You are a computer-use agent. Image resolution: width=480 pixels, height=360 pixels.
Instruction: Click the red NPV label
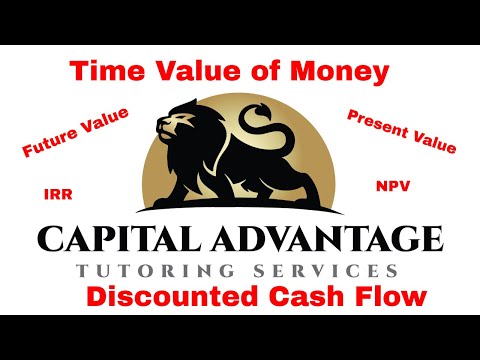pyautogui.click(x=388, y=185)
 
